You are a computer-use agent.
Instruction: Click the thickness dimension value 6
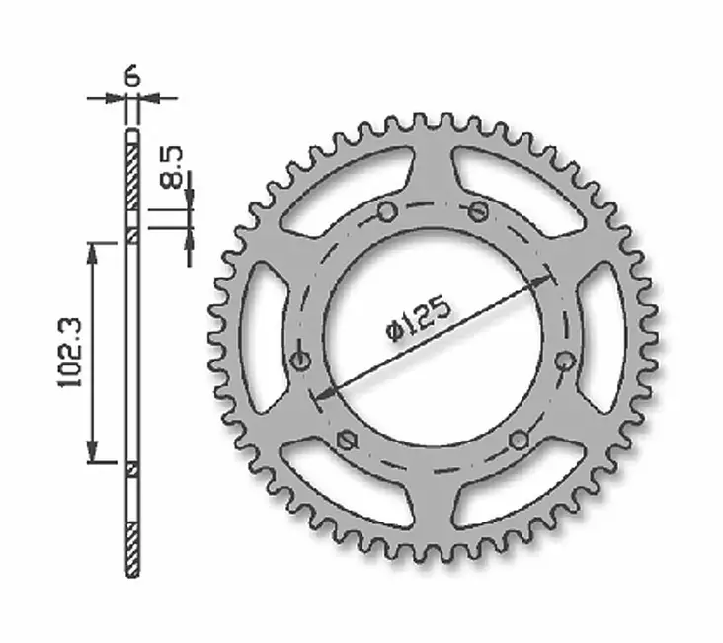point(132,76)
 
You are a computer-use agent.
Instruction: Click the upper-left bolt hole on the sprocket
point(387,211)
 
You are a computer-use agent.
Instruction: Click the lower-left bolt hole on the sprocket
point(345,439)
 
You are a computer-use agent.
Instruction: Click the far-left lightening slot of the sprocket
point(259,336)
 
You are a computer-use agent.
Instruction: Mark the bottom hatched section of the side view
point(132,547)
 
